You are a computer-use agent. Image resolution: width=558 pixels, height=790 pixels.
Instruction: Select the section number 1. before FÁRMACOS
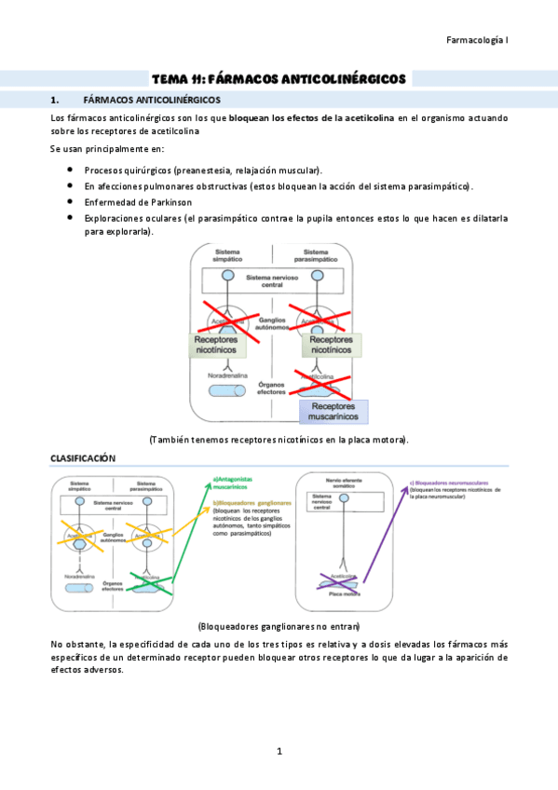click(x=55, y=99)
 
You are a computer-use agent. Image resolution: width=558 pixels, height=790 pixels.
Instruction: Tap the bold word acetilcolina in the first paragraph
click(x=364, y=118)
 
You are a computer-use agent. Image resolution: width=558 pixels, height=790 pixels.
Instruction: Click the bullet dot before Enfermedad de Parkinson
click(x=71, y=201)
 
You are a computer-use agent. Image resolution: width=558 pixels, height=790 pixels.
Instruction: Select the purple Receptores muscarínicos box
click(x=333, y=412)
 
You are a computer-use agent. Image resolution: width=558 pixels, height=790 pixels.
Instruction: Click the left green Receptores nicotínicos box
click(x=216, y=346)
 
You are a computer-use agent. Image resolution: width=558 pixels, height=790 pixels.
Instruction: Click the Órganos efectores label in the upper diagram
click(x=271, y=388)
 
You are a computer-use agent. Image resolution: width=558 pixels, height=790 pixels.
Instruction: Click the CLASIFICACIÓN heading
click(x=83, y=458)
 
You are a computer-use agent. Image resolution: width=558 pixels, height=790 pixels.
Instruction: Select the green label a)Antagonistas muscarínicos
click(x=234, y=483)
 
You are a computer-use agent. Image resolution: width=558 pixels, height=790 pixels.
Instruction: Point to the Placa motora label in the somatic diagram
click(x=346, y=592)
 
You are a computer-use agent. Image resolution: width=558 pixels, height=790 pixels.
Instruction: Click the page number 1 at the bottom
click(x=279, y=751)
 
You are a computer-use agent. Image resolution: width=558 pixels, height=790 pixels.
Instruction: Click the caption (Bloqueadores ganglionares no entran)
click(x=279, y=626)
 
